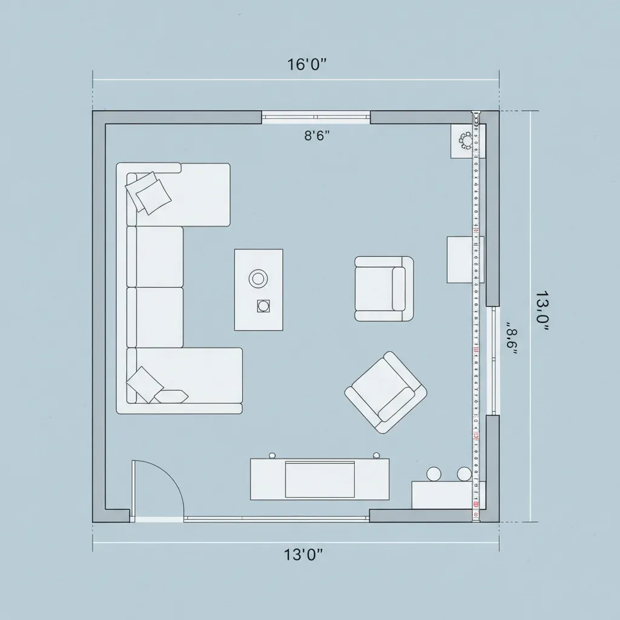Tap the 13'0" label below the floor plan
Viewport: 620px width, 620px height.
tap(303, 555)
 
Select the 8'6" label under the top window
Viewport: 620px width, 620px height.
tap(316, 136)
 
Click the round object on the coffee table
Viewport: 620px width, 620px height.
tap(258, 279)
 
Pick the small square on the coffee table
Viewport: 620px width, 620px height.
tap(263, 306)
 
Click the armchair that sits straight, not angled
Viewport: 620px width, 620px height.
tap(384, 289)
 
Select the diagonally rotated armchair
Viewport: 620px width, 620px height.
tap(386, 392)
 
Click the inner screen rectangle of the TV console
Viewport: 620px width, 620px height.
tap(320, 479)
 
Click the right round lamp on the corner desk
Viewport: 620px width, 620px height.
tap(464, 473)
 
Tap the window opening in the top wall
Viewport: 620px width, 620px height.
tap(315, 117)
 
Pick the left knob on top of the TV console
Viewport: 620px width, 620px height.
tap(272, 455)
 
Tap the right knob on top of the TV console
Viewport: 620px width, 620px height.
tap(376, 455)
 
